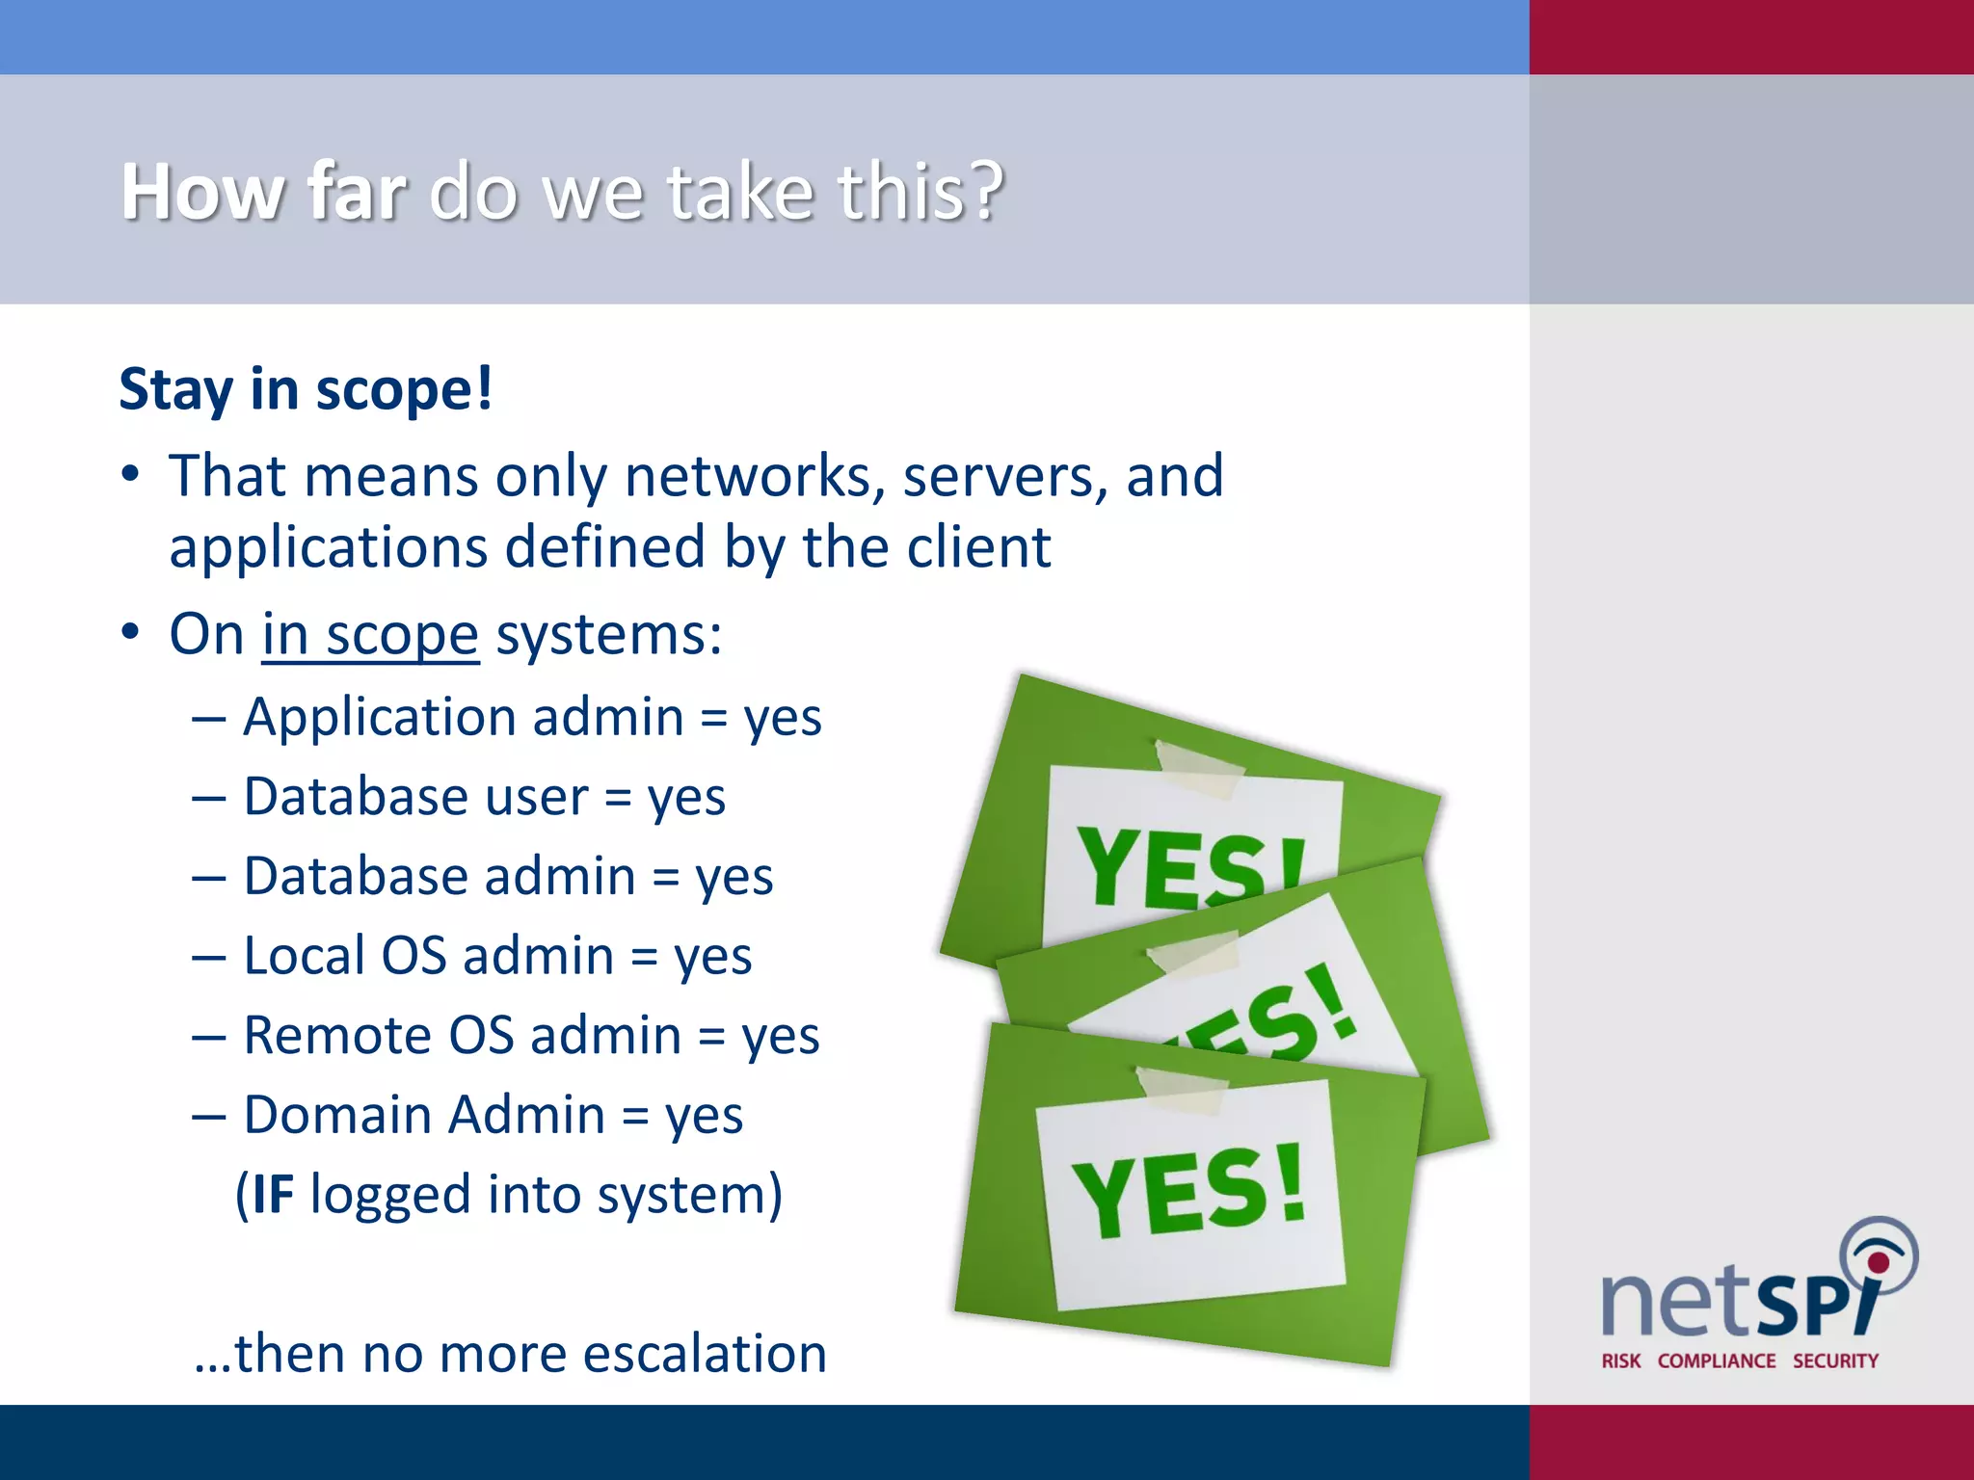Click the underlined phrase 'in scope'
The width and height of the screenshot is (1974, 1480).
(370, 636)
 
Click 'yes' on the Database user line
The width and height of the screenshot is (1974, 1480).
(686, 799)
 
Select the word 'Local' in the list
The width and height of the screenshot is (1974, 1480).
(304, 956)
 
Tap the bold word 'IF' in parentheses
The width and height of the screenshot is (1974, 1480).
(273, 1196)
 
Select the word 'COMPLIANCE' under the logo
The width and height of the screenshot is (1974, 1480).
(1717, 1361)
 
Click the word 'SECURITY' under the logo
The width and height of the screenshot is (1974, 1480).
(1835, 1361)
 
